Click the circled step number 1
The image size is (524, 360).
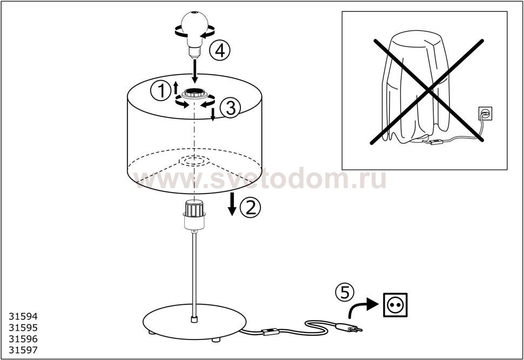tap(161, 91)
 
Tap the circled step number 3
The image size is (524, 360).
tap(230, 108)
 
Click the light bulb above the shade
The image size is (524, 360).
tap(194, 34)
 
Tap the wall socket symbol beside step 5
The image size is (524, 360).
tap(395, 304)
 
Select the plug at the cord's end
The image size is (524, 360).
tap(349, 328)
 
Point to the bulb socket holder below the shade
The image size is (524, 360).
tap(194, 215)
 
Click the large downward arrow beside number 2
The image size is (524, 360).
tap(232, 204)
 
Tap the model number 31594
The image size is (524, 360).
tap(23, 316)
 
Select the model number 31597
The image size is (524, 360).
tap(23, 350)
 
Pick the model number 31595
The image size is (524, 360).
tap(23, 328)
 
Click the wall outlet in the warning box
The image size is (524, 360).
tap(485, 114)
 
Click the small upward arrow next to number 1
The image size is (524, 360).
tap(176, 87)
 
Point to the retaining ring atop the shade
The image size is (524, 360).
tap(194, 94)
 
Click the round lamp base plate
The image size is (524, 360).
tap(194, 322)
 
